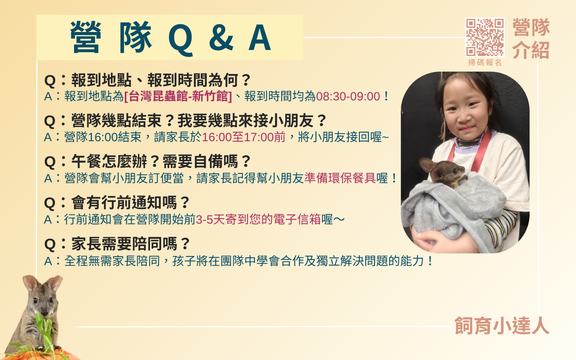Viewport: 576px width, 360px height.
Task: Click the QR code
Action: [485, 37]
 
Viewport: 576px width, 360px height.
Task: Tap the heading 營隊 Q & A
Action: [170, 38]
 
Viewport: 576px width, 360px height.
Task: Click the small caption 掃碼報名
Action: [485, 62]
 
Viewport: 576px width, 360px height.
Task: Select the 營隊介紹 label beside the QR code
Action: [531, 38]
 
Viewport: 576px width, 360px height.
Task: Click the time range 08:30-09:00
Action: [348, 96]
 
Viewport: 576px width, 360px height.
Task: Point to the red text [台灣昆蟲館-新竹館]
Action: [178, 96]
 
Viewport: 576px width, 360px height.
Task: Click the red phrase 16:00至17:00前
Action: [244, 137]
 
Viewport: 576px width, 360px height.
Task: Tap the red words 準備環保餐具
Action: [340, 178]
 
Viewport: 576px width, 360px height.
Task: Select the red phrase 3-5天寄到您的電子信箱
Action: [258, 220]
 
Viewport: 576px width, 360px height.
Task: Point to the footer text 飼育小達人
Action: [502, 326]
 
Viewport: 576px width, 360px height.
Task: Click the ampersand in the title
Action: [221, 38]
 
